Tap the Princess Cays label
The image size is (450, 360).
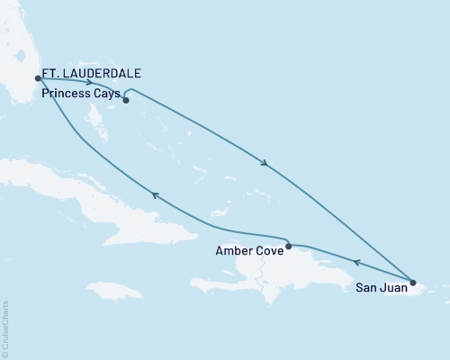point(80,92)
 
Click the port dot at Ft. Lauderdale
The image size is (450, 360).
point(38,77)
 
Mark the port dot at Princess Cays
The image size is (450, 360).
point(126,101)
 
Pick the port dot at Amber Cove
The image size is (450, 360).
point(287,246)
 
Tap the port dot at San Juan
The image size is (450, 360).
point(412,283)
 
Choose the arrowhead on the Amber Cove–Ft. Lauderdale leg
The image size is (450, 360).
point(155,194)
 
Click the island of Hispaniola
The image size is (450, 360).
point(288,270)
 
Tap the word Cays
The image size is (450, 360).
point(104,92)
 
